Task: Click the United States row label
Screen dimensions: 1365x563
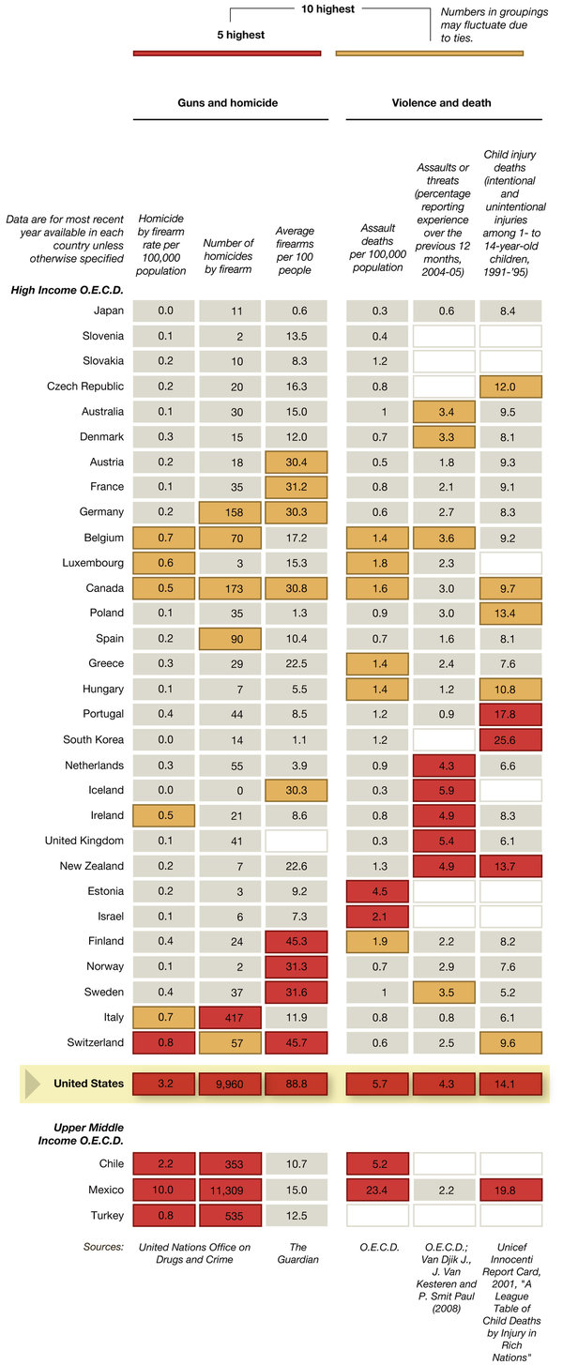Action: click(88, 1084)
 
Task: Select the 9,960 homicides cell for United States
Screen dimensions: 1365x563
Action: click(229, 1084)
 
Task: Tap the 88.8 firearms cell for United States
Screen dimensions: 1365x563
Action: click(296, 1084)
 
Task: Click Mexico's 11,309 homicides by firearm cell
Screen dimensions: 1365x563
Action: click(229, 1190)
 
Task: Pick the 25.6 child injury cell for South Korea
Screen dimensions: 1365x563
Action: click(510, 739)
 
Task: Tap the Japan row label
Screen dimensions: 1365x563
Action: click(109, 311)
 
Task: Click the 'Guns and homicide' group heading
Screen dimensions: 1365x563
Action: click(229, 102)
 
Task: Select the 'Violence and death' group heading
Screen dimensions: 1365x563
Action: click(441, 102)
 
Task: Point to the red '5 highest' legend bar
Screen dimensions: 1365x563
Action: click(229, 53)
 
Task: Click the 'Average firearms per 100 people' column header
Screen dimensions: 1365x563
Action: click(296, 250)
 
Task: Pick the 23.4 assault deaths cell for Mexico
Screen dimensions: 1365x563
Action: click(377, 1190)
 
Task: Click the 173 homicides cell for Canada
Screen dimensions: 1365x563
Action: click(229, 587)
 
